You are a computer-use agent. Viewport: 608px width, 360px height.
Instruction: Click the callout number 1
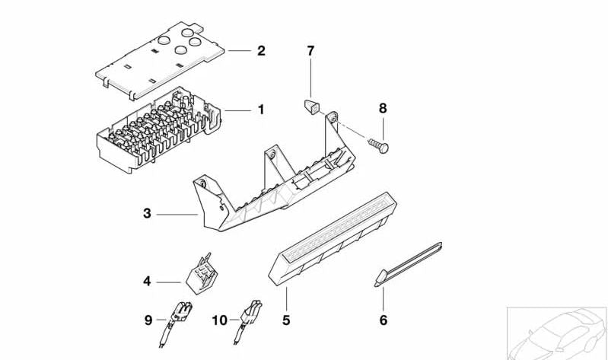[x=261, y=110]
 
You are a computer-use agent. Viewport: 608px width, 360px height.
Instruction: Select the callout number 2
[x=261, y=51]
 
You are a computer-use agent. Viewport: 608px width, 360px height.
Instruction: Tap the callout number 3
[x=147, y=214]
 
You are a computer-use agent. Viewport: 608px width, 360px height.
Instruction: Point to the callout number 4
[x=147, y=282]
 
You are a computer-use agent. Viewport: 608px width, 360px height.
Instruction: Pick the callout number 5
[x=286, y=320]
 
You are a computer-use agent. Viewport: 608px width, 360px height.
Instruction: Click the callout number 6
[x=383, y=320]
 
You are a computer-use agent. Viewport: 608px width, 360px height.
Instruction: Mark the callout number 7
[x=310, y=51]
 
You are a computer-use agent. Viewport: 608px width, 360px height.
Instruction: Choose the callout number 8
[x=383, y=109]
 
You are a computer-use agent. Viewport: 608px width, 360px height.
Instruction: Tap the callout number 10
[x=219, y=320]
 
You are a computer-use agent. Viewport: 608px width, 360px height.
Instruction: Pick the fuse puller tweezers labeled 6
[x=407, y=262]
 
